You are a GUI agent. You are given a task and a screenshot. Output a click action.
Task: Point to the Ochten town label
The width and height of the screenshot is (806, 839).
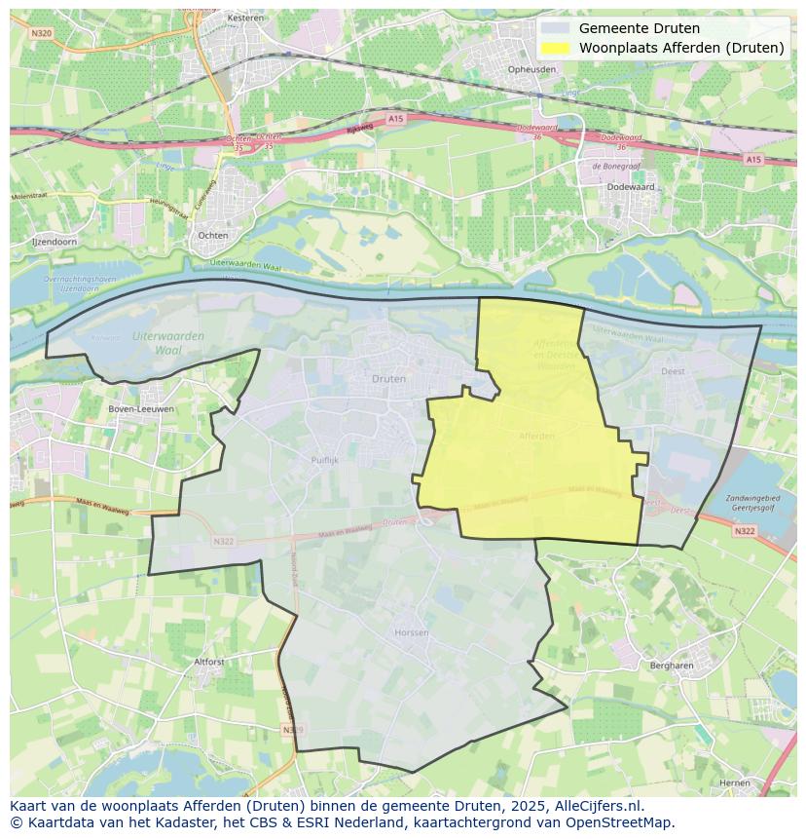pos(213,235)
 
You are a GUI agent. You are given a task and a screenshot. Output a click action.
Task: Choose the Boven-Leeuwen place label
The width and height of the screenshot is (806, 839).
pos(141,409)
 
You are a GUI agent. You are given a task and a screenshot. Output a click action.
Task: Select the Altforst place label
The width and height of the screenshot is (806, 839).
pos(209,661)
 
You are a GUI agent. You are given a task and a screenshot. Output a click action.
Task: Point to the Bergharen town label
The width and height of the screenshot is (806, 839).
pos(671,666)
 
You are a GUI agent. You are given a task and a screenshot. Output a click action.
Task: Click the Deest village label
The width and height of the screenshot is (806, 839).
pos(673,371)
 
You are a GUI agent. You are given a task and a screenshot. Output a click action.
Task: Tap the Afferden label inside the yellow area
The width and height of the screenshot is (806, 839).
pos(536,436)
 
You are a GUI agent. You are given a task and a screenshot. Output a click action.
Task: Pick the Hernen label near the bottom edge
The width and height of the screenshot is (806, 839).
pos(734,782)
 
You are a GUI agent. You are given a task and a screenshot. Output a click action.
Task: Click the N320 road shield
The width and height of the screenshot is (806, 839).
pos(41,32)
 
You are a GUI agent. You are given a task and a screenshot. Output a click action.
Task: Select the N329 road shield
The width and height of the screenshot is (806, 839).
pos(291,729)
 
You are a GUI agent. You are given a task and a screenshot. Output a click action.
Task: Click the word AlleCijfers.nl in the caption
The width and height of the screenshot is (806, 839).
pos(596,807)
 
